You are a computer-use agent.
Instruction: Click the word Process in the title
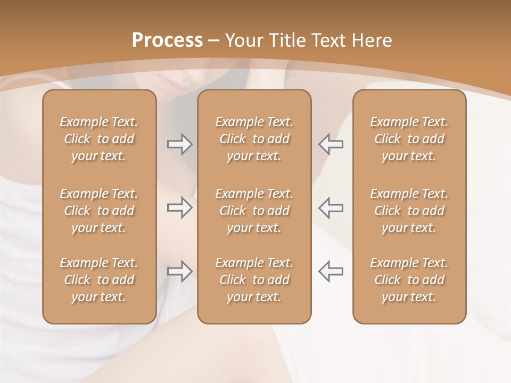167,40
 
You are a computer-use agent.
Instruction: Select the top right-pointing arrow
180,144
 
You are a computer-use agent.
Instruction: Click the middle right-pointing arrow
180,207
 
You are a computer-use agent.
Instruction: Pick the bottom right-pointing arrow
180,271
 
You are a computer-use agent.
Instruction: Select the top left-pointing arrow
331,144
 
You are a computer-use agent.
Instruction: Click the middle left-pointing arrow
331,207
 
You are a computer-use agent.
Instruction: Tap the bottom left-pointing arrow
331,271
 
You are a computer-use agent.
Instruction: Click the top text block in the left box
99,139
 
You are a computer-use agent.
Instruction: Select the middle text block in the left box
99,211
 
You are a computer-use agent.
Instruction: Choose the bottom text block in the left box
99,280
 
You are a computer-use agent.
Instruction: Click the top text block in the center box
254,139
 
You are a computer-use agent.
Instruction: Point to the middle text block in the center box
254,211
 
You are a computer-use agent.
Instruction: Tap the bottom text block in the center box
254,280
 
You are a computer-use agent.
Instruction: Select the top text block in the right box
409,139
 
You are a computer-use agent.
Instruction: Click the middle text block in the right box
409,211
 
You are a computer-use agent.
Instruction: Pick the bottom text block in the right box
409,280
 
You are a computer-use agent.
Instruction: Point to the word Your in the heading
243,40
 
